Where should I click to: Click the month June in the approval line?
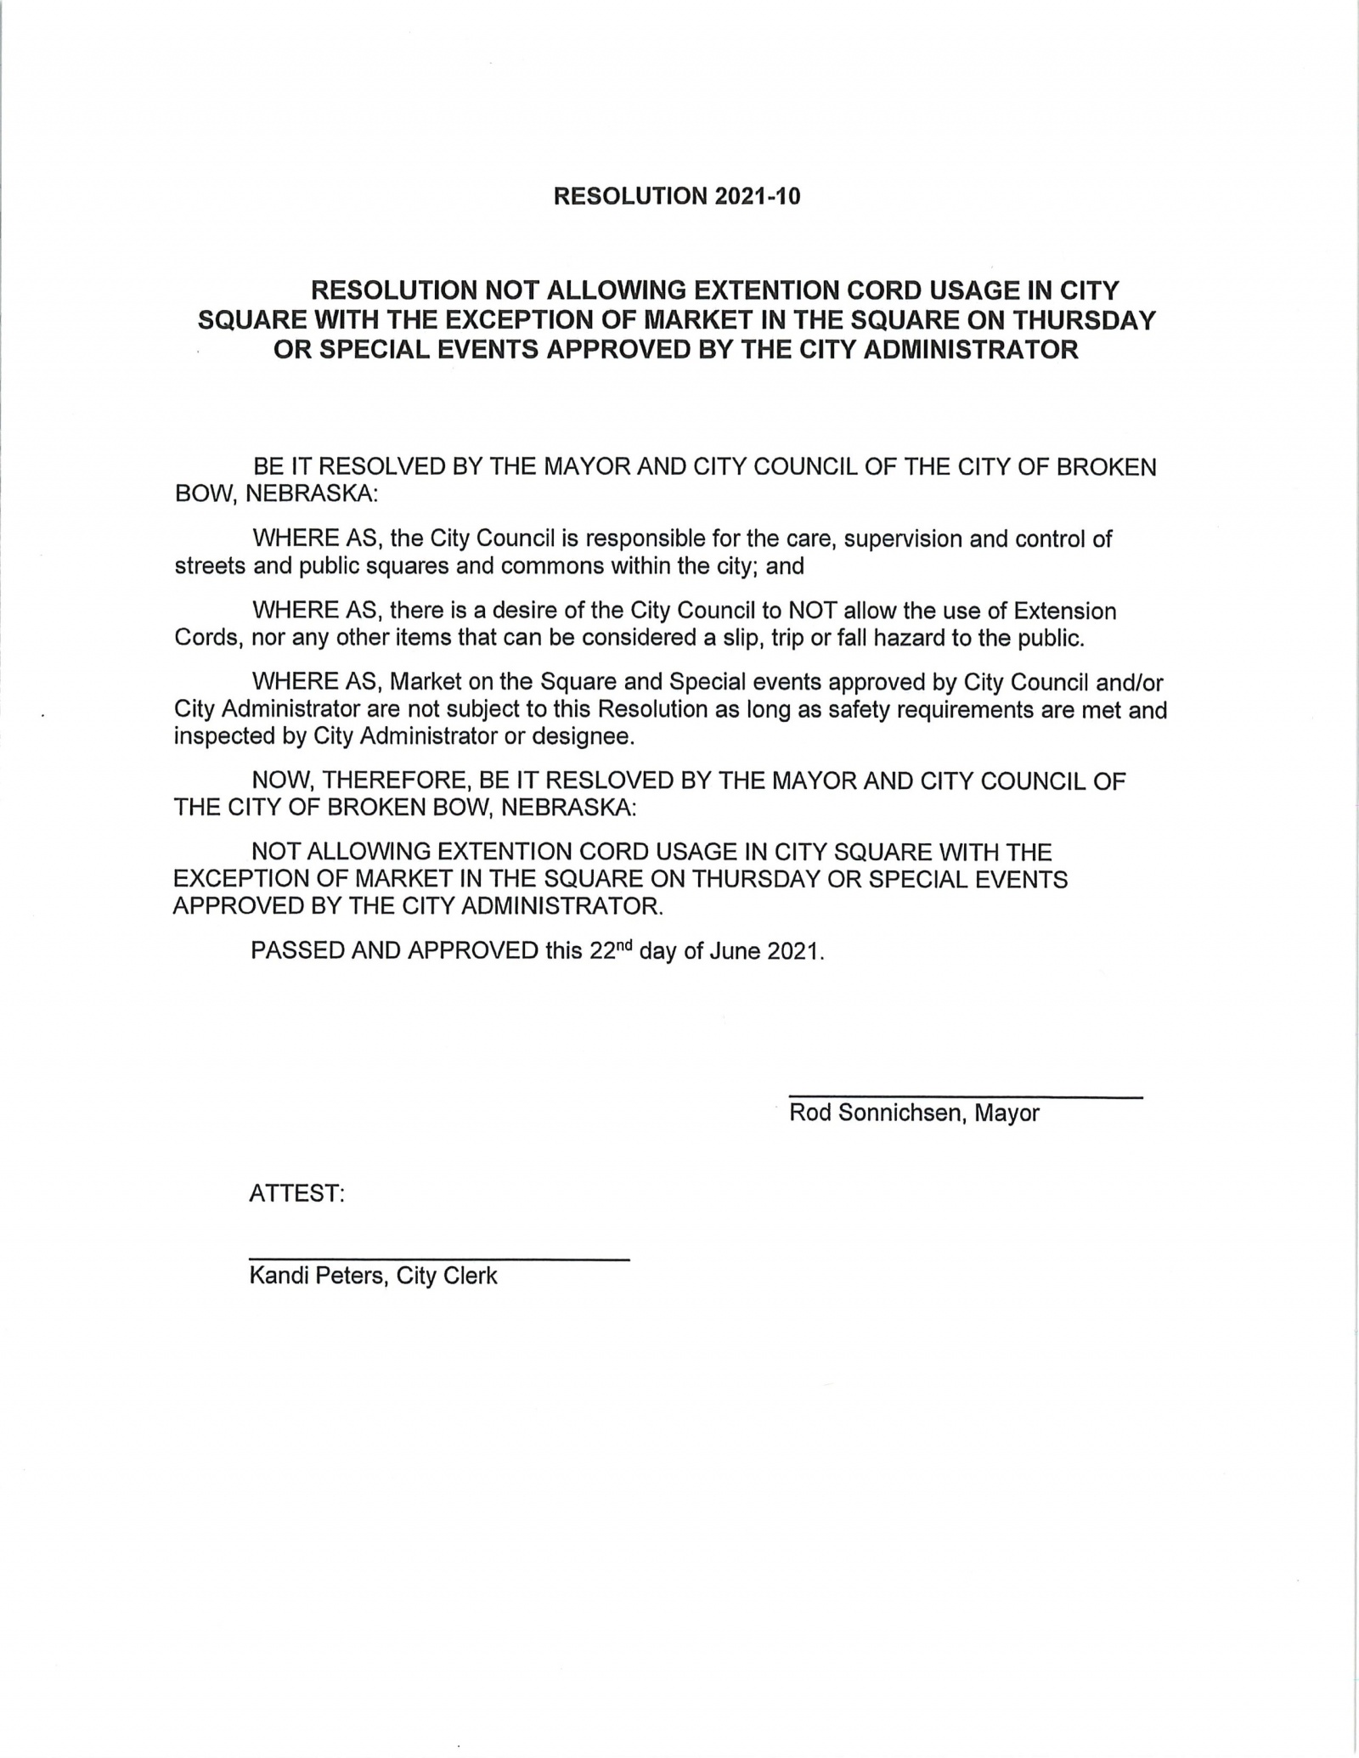(735, 950)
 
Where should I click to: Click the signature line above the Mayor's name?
(966, 1098)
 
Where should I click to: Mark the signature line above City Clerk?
(438, 1259)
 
